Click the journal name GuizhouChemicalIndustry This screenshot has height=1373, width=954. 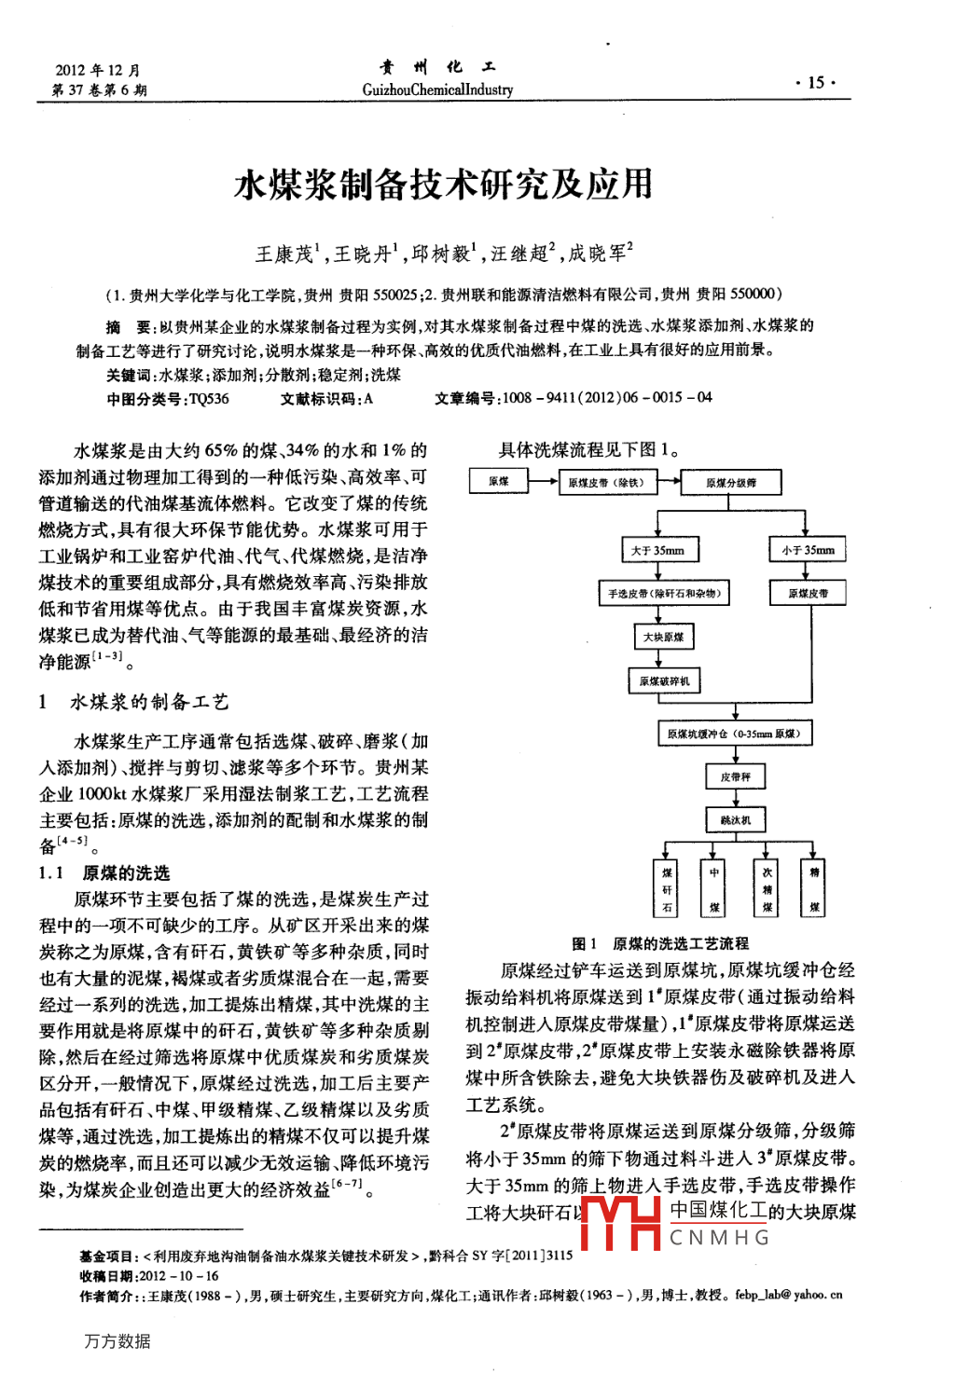(437, 89)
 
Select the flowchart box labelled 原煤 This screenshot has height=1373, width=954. (499, 482)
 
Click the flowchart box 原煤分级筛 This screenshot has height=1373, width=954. (730, 483)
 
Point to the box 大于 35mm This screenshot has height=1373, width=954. (659, 550)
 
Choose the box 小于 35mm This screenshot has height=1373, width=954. (808, 550)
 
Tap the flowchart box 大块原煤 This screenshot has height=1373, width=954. (663, 637)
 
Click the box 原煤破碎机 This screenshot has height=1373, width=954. (664, 681)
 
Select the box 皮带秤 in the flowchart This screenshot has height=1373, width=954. (735, 776)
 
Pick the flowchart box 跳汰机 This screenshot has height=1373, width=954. (735, 820)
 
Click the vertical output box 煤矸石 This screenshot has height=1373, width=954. (667, 889)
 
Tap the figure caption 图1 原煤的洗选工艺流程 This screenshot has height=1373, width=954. (660, 943)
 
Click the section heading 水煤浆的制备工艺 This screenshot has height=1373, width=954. (149, 702)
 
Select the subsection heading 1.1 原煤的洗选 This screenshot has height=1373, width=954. (104, 872)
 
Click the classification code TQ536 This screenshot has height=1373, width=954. (208, 398)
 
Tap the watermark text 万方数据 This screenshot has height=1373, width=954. (117, 1340)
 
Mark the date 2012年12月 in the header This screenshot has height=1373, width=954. (98, 70)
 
